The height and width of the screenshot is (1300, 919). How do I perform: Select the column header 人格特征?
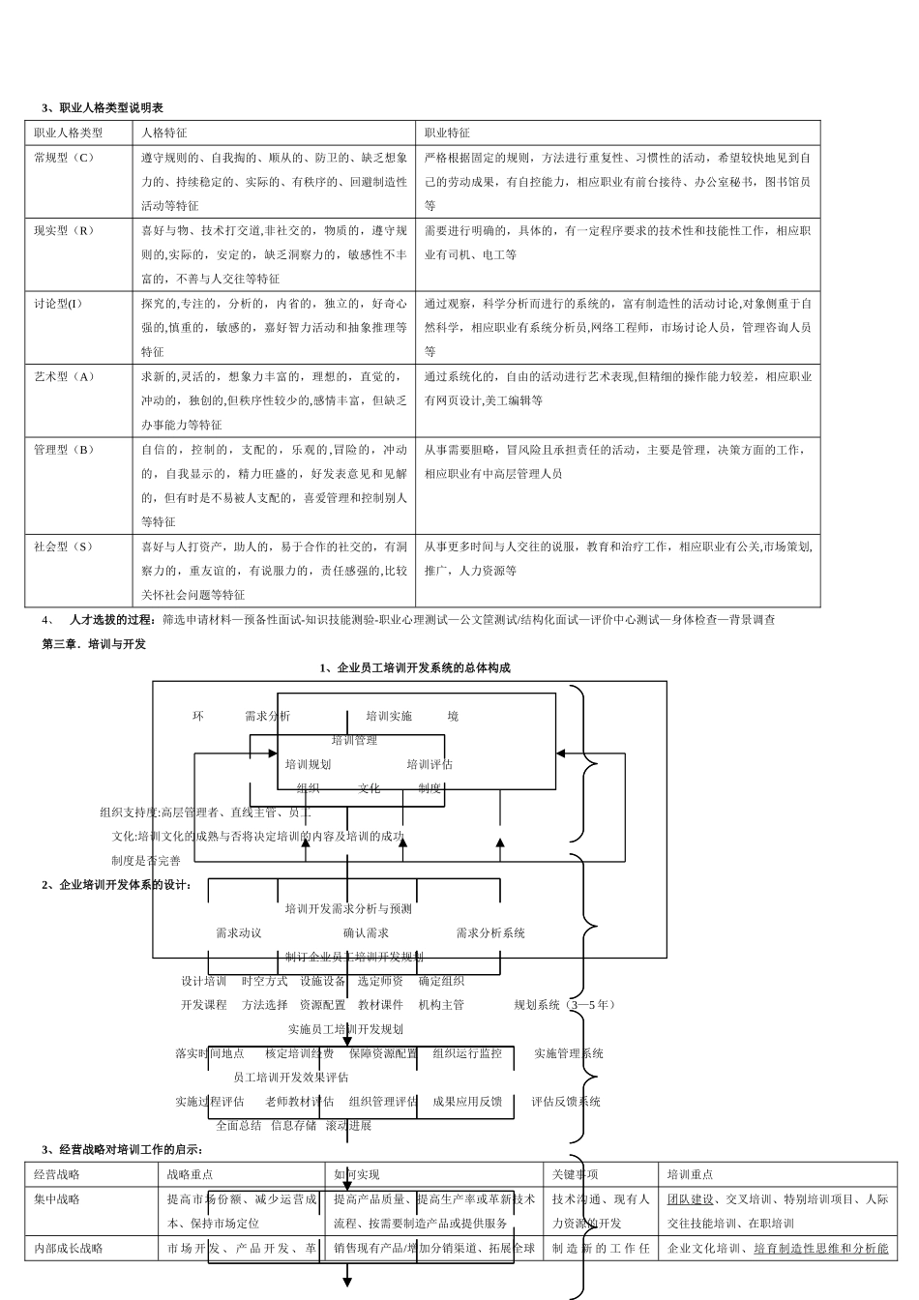[x=163, y=133]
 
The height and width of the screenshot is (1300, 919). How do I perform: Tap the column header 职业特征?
[x=447, y=133]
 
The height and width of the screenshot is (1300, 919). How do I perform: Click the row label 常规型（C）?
[x=65, y=157]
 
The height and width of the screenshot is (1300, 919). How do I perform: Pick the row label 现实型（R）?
[x=65, y=230]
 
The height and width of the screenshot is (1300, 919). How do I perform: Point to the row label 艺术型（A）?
[x=65, y=376]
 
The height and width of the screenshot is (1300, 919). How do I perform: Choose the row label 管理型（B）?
[x=65, y=449]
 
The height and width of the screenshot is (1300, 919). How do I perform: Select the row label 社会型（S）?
[x=64, y=547]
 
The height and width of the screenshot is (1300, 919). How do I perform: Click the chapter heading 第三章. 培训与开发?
[x=94, y=643]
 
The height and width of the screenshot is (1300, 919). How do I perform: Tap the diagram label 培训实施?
[x=389, y=716]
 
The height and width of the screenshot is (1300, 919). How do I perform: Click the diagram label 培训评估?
[x=430, y=764]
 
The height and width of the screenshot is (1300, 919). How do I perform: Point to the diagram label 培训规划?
[x=308, y=764]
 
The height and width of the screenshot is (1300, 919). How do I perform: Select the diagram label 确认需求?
[x=366, y=932]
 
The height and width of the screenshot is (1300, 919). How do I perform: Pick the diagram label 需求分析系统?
[x=490, y=932]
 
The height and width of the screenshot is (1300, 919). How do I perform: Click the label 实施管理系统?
[x=568, y=1053]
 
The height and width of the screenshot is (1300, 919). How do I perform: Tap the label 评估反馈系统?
[x=566, y=1101]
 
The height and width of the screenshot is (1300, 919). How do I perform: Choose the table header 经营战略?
[x=57, y=1174]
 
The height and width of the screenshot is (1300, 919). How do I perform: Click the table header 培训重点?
[x=690, y=1174]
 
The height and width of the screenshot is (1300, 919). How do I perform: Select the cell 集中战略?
[x=57, y=1198]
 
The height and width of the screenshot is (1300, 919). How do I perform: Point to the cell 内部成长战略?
[x=69, y=1248]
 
